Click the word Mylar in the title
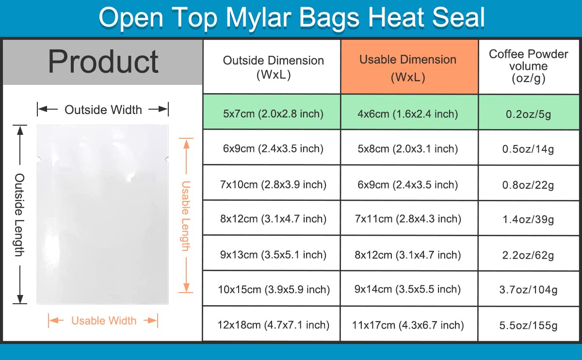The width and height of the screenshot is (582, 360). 260,17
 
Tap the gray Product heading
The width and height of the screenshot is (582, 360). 103,62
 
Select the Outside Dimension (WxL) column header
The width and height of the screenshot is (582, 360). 272,67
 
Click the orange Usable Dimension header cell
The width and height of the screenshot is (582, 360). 409,67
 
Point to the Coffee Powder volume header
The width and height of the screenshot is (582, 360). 529,67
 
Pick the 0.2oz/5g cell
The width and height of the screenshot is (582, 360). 529,112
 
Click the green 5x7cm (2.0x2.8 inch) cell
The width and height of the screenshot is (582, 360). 272,112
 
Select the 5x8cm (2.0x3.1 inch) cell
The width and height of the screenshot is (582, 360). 409,147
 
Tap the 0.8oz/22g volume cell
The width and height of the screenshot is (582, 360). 529,183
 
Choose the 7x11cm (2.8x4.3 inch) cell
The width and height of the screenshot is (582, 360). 409,218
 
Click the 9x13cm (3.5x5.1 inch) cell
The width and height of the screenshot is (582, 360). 272,253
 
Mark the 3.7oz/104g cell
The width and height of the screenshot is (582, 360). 529,289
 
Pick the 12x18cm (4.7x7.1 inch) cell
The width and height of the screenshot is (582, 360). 272,324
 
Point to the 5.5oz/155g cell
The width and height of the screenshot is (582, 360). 529,324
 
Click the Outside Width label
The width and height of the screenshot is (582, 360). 103,110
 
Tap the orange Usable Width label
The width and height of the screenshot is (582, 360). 104,321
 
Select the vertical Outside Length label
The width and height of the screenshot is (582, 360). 19,215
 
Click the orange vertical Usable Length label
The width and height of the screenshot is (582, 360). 186,216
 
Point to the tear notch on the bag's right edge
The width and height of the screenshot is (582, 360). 167,159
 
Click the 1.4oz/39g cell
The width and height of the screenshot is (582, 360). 529,218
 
